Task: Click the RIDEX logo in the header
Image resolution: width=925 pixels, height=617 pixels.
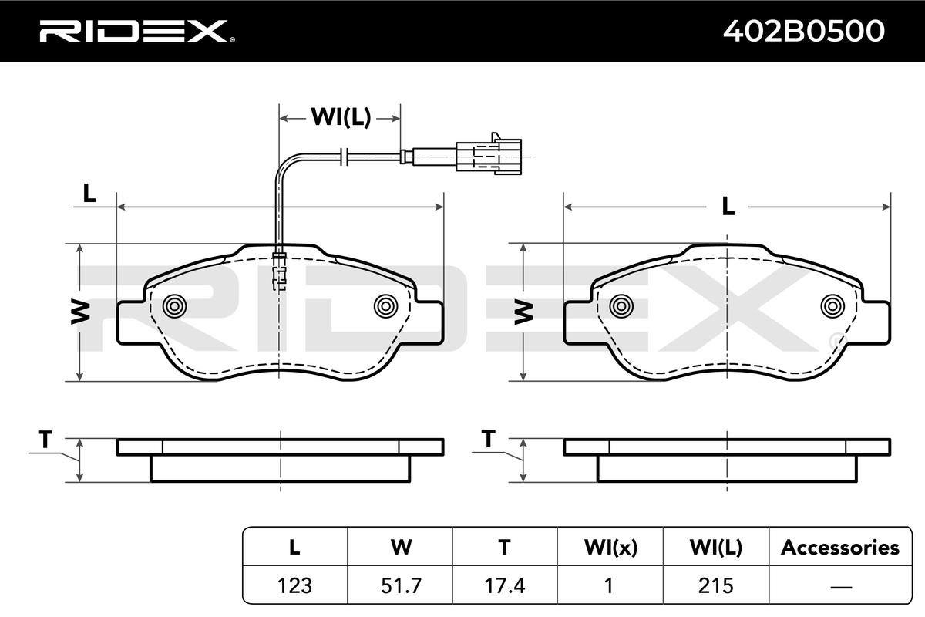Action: (x=137, y=31)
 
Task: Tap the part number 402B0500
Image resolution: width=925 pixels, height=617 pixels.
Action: (x=803, y=31)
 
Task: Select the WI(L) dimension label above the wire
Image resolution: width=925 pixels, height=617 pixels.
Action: (x=341, y=117)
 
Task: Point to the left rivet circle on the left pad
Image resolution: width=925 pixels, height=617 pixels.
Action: (x=174, y=306)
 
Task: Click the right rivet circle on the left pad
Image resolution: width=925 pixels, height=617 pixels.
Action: (x=385, y=306)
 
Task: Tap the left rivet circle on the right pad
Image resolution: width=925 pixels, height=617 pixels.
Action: (x=621, y=306)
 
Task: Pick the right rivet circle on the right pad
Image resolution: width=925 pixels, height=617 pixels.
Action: (x=832, y=306)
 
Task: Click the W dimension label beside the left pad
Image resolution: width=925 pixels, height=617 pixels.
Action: (x=80, y=312)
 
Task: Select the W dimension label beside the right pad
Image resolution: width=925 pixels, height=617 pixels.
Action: (x=524, y=312)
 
